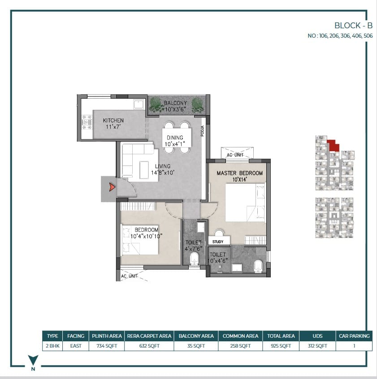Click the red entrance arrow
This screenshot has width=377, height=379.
pyautogui.click(x=112, y=187)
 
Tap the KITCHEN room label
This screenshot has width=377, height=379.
pyautogui.click(x=113, y=120)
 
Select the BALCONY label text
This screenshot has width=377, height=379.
pyautogui.click(x=175, y=103)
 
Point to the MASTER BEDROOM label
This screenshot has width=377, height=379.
pyautogui.click(x=239, y=173)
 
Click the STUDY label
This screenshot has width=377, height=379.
pyautogui.click(x=218, y=242)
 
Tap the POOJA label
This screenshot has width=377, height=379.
pyautogui.click(x=202, y=131)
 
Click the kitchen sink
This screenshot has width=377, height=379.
pyautogui.click(x=139, y=104)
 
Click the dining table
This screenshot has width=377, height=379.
pyautogui.click(x=177, y=138)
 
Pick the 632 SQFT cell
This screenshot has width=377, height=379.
pyautogui.click(x=149, y=346)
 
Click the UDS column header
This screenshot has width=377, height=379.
pyautogui.click(x=317, y=336)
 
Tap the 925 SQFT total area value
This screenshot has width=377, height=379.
pyautogui.click(x=281, y=346)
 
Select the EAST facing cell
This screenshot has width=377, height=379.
pyautogui.click(x=76, y=346)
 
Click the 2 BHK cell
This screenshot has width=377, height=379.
pyautogui.click(x=52, y=346)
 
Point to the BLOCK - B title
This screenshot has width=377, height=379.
pyautogui.click(x=353, y=26)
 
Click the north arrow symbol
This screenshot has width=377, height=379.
pyautogui.click(x=33, y=359)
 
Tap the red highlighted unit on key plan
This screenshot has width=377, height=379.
pyautogui.click(x=333, y=145)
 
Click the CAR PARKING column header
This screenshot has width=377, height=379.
pyautogui.click(x=354, y=336)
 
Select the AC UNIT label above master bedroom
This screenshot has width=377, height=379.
pyautogui.click(x=235, y=155)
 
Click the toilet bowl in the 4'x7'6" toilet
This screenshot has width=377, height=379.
pyautogui.click(x=195, y=259)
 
